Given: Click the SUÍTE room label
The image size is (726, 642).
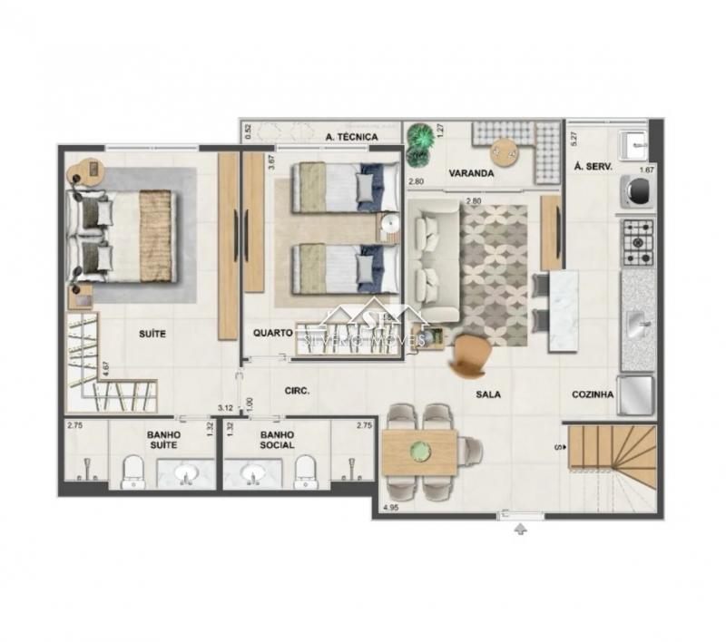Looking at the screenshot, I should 152,333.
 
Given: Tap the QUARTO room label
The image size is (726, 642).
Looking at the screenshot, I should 272,333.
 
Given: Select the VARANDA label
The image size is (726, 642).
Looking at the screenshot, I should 469,172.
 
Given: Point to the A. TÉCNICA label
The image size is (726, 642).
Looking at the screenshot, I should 350,137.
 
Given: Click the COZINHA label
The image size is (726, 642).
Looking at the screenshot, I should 594,394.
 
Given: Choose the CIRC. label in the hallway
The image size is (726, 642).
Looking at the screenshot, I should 297,391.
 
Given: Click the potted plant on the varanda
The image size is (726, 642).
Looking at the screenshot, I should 419,143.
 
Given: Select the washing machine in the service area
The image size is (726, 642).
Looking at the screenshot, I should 636,190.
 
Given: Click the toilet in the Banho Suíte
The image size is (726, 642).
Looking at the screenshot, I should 132,471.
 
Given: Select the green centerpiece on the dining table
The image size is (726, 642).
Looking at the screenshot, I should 419,450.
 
